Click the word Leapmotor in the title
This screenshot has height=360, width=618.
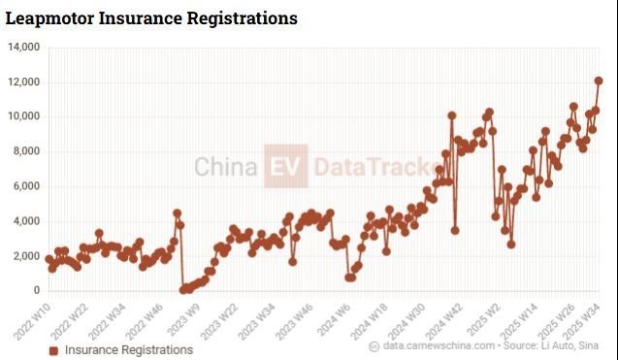pos(49,18)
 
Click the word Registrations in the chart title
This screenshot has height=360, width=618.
pos(242,18)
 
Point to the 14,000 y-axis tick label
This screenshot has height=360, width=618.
pos(24,48)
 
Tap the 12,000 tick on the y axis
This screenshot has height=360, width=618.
pos(24,82)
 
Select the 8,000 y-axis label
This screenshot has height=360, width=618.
pos(26,151)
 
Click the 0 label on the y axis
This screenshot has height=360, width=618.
pos(37,290)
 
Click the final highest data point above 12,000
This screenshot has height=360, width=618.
pos(599,81)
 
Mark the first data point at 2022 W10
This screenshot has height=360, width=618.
pos(49,259)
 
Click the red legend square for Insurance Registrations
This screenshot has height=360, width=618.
pos(53,350)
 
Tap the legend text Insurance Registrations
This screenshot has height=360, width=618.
pos(129,350)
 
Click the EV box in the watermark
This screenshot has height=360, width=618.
pos(286,166)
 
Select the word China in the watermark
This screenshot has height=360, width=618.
pos(226,166)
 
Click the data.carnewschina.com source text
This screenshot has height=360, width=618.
pos(439,345)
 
